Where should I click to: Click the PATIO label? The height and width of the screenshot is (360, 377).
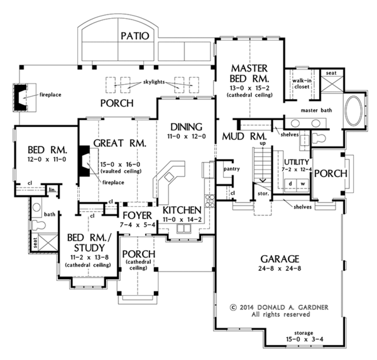135,36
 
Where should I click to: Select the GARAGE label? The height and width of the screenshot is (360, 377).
280,259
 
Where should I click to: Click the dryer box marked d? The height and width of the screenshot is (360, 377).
290,183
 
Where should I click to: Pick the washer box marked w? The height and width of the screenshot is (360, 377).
303,183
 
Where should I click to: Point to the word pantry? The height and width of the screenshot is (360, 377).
231,169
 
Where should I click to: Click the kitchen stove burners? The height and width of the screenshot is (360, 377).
209,201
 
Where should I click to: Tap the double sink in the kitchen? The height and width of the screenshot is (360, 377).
184,229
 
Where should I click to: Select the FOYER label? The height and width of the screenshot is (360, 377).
137,215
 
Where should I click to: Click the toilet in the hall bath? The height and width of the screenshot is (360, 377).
38,225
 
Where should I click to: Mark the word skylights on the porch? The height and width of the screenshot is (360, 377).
154,82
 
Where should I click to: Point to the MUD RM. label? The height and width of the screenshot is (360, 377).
244,136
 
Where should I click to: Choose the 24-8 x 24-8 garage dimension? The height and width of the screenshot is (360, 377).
280,268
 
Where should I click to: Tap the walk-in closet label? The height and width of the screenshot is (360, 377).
302,84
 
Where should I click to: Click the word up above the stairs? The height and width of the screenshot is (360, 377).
263,143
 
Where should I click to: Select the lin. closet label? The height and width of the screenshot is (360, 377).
52,190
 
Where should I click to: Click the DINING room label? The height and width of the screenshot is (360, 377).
187,127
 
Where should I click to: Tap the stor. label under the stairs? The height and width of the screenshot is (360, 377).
263,194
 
